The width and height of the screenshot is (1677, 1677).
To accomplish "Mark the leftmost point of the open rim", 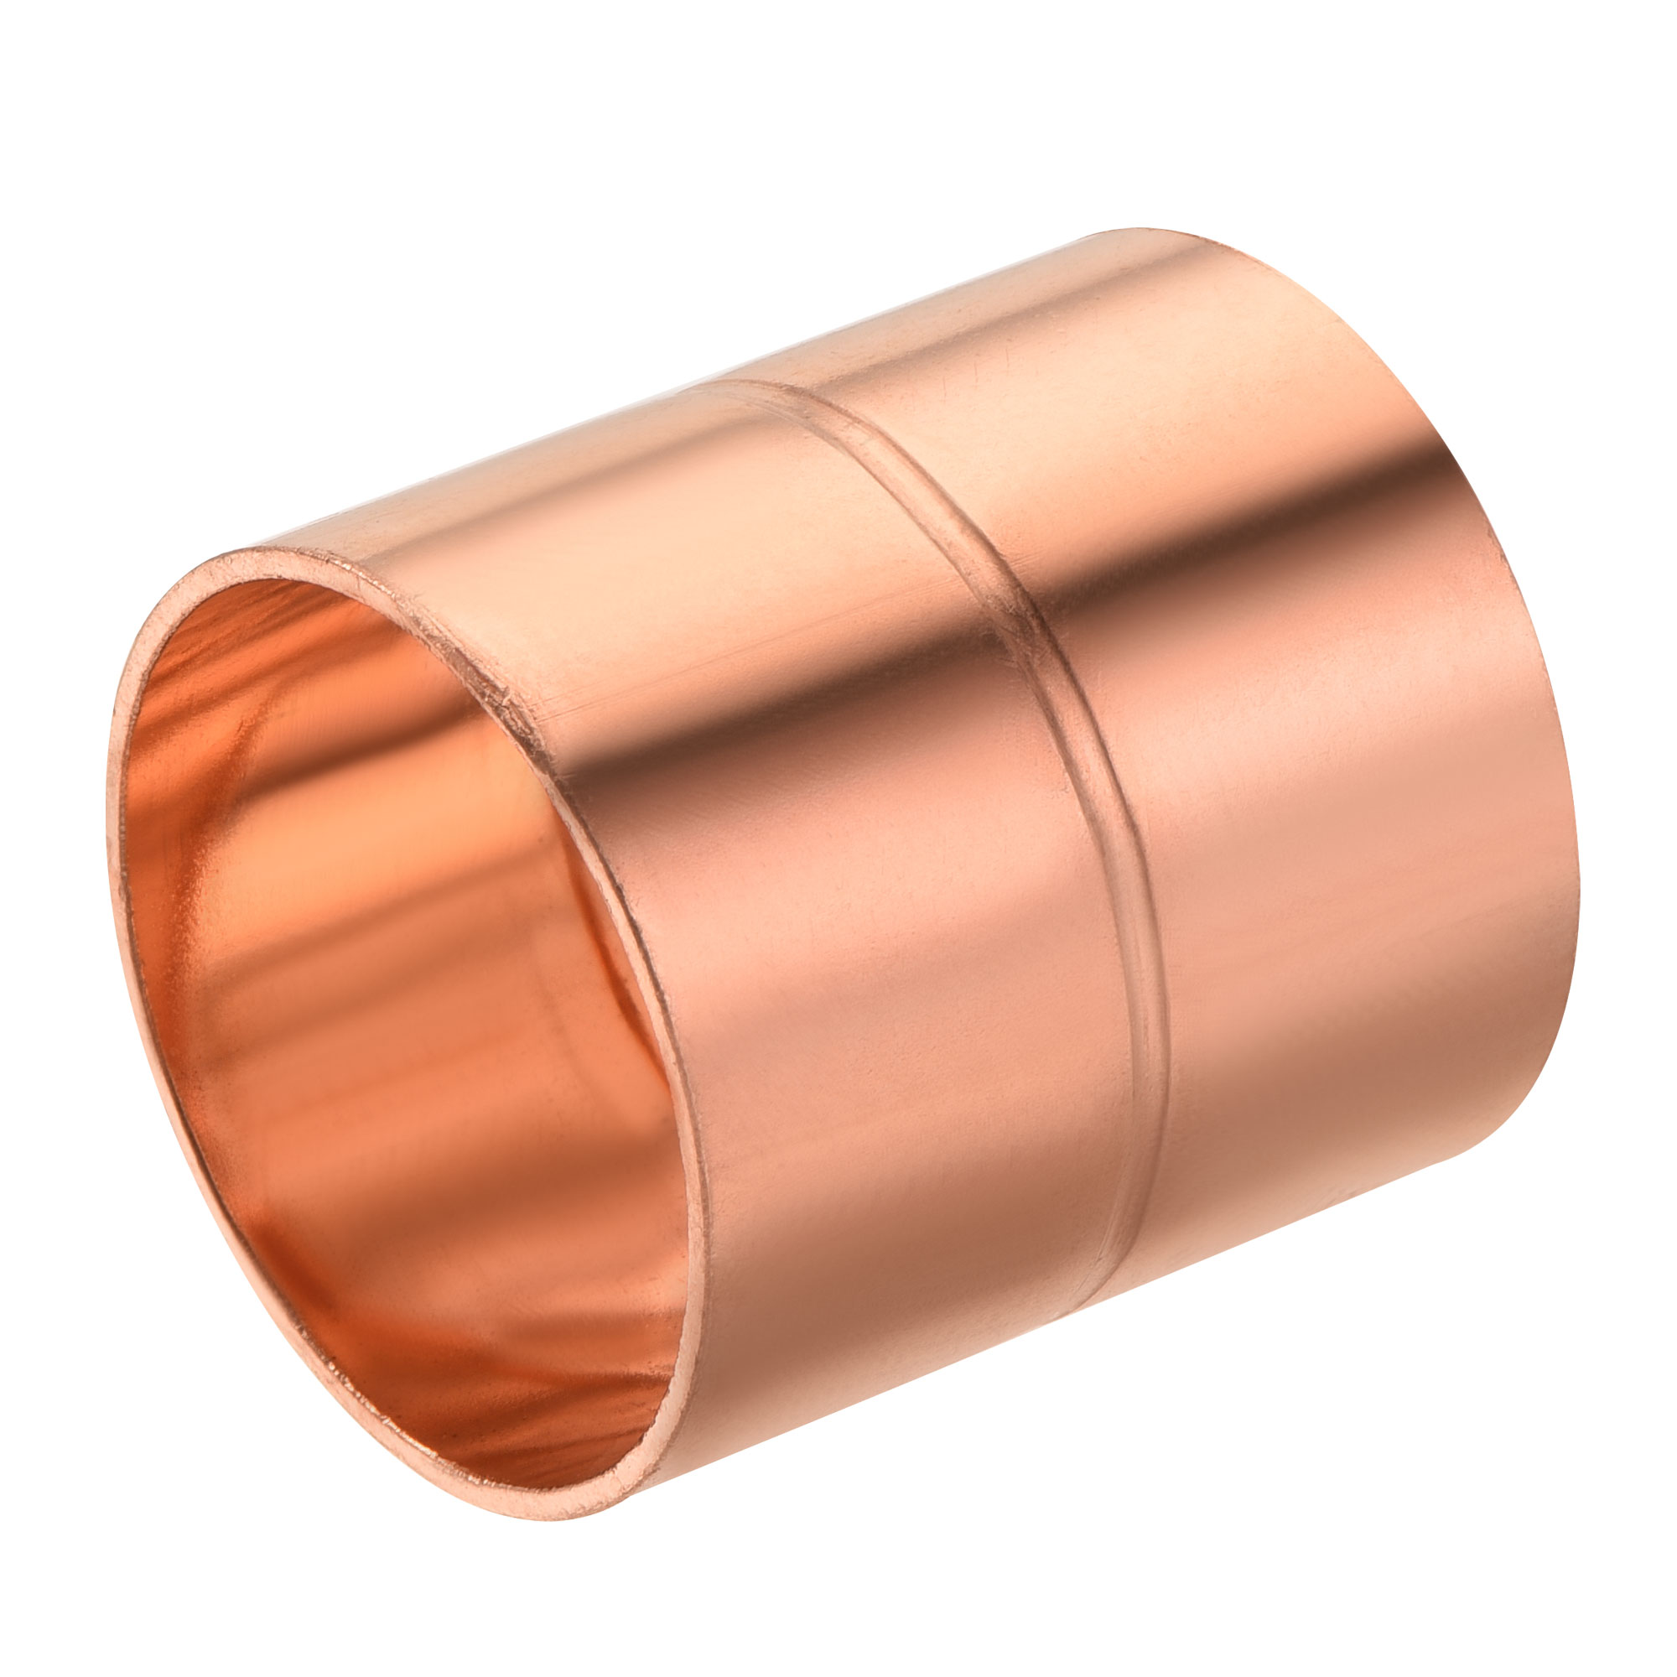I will (x=109, y=807).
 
